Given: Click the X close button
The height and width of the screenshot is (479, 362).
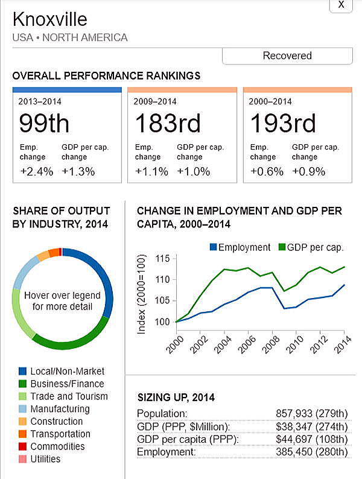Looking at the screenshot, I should click(x=341, y=5).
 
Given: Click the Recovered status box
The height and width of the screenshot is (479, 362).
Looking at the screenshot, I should click(x=287, y=56).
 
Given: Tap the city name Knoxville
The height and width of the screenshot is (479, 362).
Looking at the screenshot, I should click(x=50, y=19).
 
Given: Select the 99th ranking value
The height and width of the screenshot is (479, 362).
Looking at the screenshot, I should click(x=44, y=123).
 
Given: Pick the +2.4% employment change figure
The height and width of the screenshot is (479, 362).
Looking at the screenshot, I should click(x=37, y=171).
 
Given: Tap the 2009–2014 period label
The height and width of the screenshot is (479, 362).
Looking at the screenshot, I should click(x=154, y=101).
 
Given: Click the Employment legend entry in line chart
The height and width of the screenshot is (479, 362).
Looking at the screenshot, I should click(x=240, y=247).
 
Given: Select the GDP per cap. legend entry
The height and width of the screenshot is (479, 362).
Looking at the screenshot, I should click(x=311, y=247).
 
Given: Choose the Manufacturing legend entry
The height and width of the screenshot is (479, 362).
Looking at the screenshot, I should click(x=60, y=409).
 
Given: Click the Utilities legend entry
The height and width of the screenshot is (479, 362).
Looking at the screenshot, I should click(x=45, y=459).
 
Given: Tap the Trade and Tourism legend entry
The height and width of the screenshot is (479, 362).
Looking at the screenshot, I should click(x=69, y=396).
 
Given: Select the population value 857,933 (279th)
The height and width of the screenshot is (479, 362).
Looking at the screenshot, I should click(x=311, y=413).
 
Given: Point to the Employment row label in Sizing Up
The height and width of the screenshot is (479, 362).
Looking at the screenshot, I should click(x=164, y=451).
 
